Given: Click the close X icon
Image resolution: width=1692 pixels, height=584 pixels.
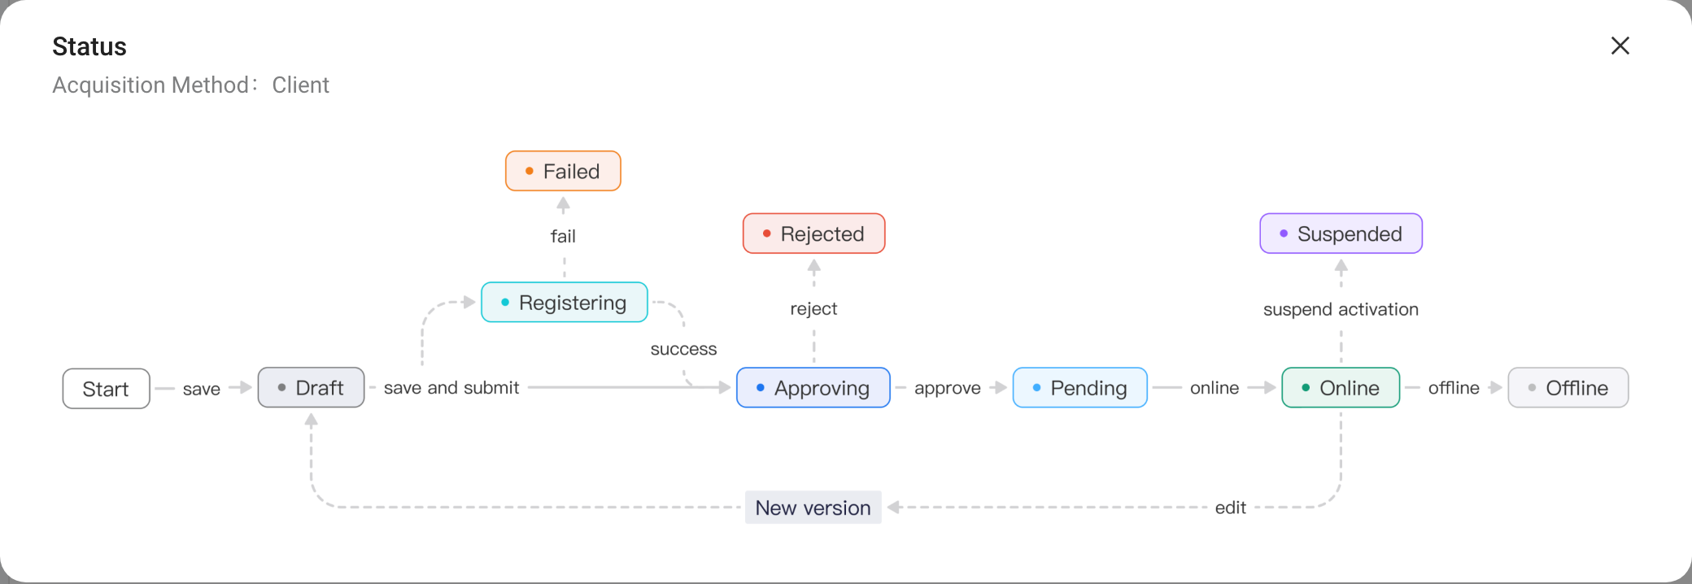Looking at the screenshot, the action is (1620, 46).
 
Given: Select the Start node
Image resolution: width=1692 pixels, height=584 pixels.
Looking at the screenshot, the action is (106, 389).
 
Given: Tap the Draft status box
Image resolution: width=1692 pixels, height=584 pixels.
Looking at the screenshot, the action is (311, 388).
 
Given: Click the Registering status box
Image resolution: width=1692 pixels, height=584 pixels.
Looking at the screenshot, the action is (565, 303).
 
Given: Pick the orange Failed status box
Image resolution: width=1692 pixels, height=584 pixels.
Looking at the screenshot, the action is (563, 171).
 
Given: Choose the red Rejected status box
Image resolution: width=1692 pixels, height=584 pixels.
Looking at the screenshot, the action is (813, 233).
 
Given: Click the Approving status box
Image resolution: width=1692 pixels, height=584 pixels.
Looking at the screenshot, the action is (813, 388).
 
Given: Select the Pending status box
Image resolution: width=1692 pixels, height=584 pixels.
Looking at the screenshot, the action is (1080, 388).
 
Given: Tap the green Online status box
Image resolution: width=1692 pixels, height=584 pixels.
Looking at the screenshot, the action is (1341, 388).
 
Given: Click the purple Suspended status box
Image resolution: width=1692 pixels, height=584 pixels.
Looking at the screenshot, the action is (1341, 233).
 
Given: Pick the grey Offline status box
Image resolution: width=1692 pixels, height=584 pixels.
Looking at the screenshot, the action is (1568, 388).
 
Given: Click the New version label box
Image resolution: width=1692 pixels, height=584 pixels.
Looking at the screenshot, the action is (813, 508).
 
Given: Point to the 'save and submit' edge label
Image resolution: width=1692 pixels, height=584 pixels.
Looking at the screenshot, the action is (451, 388).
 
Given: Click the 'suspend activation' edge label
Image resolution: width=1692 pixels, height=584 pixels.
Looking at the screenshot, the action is (1341, 309).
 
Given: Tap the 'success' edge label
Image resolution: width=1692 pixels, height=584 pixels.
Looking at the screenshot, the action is (683, 349).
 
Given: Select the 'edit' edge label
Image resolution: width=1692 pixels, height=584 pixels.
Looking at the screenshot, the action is (1231, 508).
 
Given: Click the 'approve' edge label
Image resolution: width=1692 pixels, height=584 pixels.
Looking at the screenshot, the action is (948, 389).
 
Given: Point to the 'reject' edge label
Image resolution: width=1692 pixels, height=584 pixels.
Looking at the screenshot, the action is (813, 309).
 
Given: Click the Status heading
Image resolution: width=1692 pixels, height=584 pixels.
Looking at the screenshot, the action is (89, 46).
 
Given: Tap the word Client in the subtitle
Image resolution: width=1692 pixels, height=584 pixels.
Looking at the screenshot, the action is (300, 85).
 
